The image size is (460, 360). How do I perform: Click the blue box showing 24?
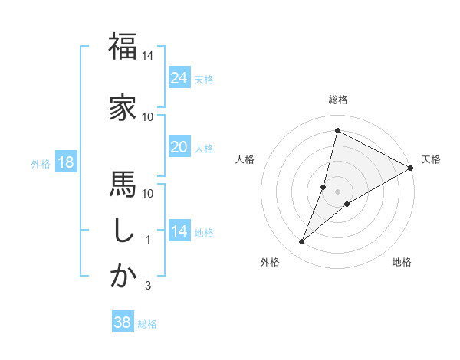[x=179, y=77]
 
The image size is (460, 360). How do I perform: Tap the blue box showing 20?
[x=179, y=146]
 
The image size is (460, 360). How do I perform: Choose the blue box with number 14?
[x=179, y=231]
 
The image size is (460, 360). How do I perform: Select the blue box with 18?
[x=65, y=162]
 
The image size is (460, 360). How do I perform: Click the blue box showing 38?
[x=122, y=322]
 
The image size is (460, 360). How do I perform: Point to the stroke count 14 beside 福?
[x=148, y=56]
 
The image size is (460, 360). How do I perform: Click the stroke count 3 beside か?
[x=148, y=286]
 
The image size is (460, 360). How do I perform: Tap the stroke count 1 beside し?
[x=148, y=240]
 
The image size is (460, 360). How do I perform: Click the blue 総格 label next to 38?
[x=147, y=324]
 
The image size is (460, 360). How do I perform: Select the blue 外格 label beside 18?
[x=40, y=163]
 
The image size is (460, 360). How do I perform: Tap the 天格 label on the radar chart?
[x=431, y=159]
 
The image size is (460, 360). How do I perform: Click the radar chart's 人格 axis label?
[x=245, y=159]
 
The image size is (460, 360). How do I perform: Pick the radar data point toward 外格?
[x=302, y=242]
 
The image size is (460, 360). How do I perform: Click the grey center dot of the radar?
[x=338, y=191]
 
